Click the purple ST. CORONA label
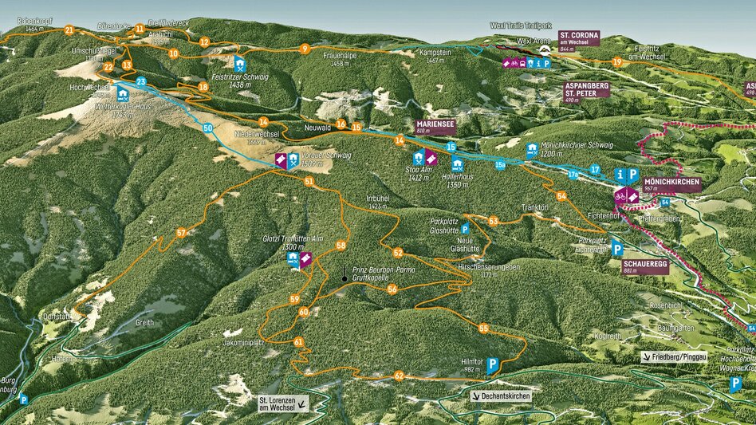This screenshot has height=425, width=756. [579, 39]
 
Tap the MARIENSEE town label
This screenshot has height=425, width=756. [436, 125]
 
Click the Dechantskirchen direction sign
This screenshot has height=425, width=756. [500, 395]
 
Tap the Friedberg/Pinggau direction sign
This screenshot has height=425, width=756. [674, 357]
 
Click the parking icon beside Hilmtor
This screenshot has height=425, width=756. [492, 365]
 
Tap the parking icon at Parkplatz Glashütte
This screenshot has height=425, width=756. [465, 229]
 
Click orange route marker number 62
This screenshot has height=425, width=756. [399, 376]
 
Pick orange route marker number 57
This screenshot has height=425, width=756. [182, 233]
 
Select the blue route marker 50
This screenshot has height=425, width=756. [207, 128]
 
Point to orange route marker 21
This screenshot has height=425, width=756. [69, 30]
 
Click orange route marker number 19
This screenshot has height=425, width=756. [616, 61]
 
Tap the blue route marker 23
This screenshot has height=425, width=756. [141, 81]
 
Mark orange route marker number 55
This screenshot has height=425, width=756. [483, 328]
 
